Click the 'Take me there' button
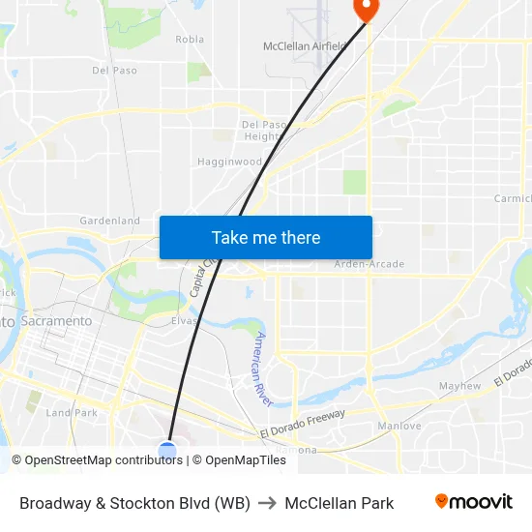tap(266, 237)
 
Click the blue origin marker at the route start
tap(167, 450)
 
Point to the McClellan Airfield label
tap(304, 45)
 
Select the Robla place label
tap(190, 40)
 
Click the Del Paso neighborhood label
tap(114, 71)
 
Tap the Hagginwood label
tap(229, 162)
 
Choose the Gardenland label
tap(109, 221)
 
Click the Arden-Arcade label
tap(369, 264)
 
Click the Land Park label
tap(72, 412)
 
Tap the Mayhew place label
tap(459, 386)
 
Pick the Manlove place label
tap(399, 426)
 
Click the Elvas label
tap(184, 320)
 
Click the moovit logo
tap(473, 502)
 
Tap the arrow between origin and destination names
tap(268, 503)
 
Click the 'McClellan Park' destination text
tap(339, 503)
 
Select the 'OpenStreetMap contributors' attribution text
tap(103, 460)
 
